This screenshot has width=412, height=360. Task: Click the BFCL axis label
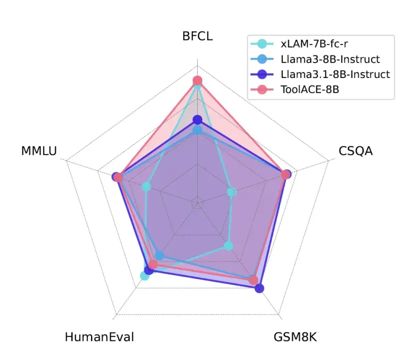point(197,36)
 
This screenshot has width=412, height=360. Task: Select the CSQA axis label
point(355,150)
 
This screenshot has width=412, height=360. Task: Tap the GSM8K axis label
point(295,336)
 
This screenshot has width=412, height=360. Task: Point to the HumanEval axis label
point(99,336)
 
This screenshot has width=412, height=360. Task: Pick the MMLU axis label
point(39,150)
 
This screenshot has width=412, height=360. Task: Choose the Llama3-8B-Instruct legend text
point(330,59)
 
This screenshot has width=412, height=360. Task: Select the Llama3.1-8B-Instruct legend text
point(335,74)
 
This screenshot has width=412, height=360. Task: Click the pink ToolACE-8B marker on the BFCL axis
point(197,80)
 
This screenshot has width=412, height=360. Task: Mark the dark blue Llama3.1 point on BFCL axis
point(197,119)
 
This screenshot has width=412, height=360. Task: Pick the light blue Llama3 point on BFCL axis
point(197,130)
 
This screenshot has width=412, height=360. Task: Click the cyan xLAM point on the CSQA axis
point(231,192)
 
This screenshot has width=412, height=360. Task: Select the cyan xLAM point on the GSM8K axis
point(228,245)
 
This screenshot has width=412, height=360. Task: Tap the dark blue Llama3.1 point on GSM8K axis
point(259,288)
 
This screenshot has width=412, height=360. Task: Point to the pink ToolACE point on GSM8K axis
point(253,280)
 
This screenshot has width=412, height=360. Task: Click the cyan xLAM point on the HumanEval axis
point(144,276)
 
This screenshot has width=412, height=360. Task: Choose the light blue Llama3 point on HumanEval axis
point(159,256)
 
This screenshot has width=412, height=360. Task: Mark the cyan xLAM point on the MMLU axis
point(146,187)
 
